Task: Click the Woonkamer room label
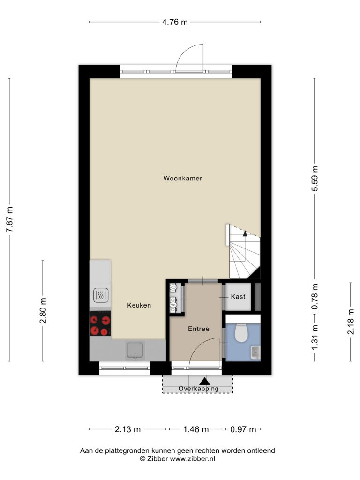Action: [x=183, y=178]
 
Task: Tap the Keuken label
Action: [x=139, y=305]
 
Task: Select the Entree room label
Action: [x=199, y=329]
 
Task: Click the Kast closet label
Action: [x=238, y=297]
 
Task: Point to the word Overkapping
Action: [x=199, y=389]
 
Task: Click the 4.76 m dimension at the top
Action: [x=175, y=22]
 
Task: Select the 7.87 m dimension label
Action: [x=10, y=219]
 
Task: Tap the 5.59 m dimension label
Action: [x=315, y=178]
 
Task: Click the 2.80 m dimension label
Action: [x=43, y=311]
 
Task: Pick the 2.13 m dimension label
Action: [x=127, y=429]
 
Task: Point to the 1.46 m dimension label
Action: [x=196, y=429]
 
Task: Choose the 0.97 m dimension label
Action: [x=243, y=429]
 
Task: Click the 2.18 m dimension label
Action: [x=351, y=322]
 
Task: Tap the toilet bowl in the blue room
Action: [x=241, y=333]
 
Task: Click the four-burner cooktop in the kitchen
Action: [x=100, y=323]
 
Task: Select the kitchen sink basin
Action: [x=135, y=351]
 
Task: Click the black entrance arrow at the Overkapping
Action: [x=204, y=381]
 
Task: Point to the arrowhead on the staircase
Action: [x=245, y=233]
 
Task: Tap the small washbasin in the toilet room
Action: [x=255, y=352]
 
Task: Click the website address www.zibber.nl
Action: [x=193, y=458]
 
